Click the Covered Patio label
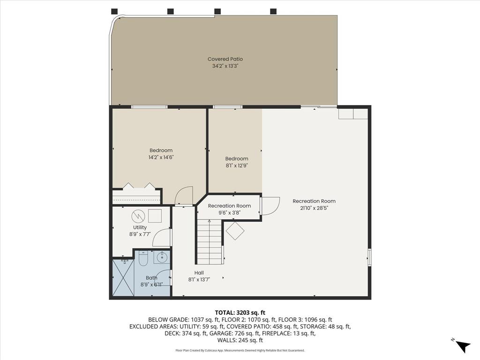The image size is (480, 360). pos(225,59)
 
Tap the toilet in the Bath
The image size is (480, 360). pos(143,258)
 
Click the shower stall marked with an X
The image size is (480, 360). pos(123,278)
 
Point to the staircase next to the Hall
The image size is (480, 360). pos(209,243)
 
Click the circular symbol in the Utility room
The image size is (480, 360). pos(138,216)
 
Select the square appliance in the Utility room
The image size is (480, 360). pos(155,216)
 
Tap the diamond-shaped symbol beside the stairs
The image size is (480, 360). pos(235,231)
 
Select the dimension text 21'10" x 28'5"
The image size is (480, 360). pos(314,208)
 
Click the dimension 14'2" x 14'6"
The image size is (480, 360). pos(161,157)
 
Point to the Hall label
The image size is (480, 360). pos(199,273)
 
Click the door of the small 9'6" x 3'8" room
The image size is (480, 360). pos(269,206)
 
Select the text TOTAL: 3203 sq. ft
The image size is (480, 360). pos(240,312)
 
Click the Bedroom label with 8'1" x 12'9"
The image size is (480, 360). pos(237,158)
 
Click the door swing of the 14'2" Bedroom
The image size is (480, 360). pos(184,196)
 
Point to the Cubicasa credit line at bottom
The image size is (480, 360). pos(240,350)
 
